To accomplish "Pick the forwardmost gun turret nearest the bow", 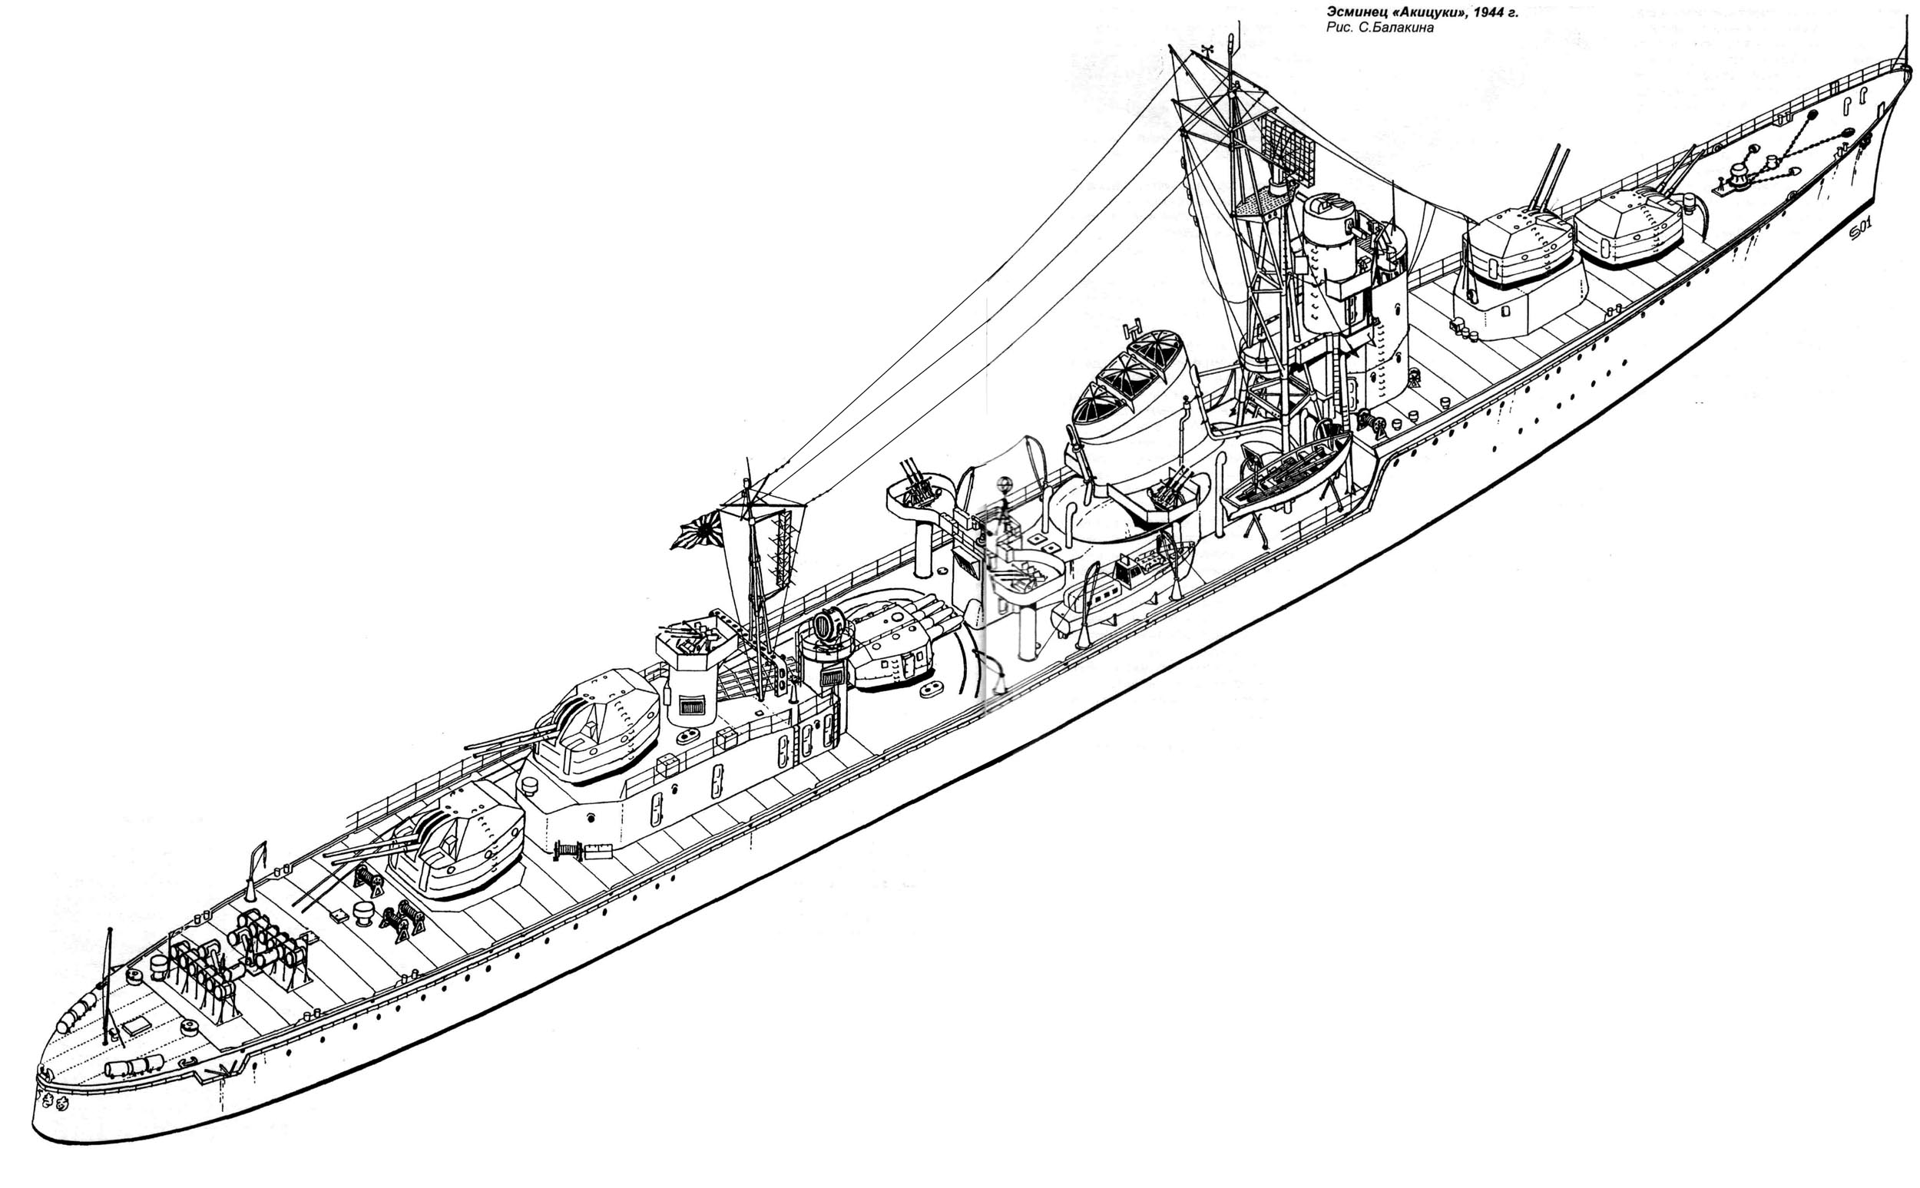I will [1626, 225].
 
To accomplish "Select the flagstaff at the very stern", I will [108, 982].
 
